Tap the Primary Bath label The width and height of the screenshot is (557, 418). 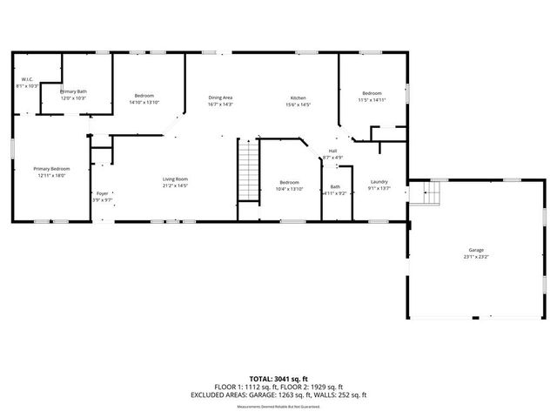(x=73, y=91)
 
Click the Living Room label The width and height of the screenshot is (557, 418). (x=175, y=179)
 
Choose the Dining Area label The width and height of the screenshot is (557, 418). (x=220, y=98)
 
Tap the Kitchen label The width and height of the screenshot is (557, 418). (x=298, y=98)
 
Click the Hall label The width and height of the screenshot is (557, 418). (x=332, y=151)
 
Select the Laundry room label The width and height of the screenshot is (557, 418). (x=379, y=181)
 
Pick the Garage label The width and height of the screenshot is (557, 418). (x=476, y=250)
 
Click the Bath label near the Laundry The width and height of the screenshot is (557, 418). (x=335, y=186)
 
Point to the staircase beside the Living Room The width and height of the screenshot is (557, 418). (x=249, y=170)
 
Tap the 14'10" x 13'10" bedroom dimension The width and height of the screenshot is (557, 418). (x=144, y=103)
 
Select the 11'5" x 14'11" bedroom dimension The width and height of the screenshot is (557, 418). (x=372, y=100)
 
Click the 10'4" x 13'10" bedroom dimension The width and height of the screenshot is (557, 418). (x=289, y=189)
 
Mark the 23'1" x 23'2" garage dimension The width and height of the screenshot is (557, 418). (x=476, y=257)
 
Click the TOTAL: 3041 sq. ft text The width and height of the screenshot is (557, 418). (x=278, y=379)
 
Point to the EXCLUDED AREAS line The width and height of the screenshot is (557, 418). (x=278, y=394)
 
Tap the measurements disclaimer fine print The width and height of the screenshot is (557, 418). (x=278, y=406)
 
